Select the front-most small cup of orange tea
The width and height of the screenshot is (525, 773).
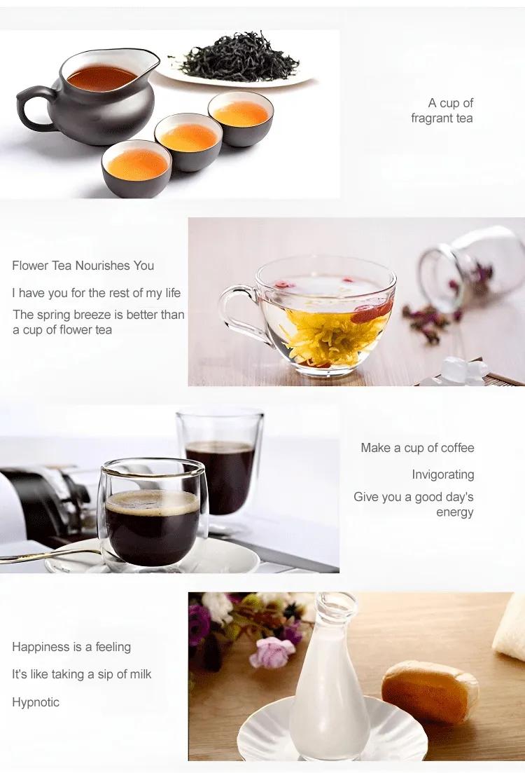click(136, 167)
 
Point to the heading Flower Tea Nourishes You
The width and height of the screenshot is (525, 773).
click(83, 266)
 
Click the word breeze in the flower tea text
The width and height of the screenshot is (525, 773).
click(98, 315)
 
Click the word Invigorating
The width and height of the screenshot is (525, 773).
click(443, 474)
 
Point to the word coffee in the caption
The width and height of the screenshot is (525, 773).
click(458, 448)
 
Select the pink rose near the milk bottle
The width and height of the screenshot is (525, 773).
click(272, 651)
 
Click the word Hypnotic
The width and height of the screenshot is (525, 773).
click(36, 702)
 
